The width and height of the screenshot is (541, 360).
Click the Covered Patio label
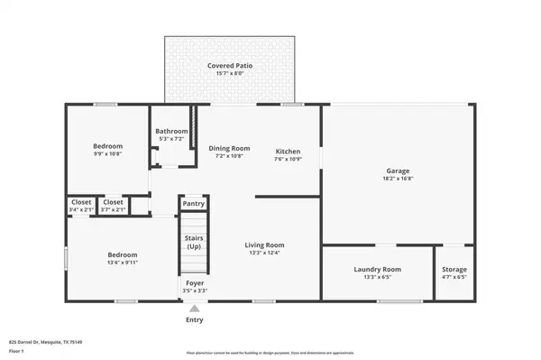229,66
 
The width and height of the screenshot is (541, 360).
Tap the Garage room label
399,171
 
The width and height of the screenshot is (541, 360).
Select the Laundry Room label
378,269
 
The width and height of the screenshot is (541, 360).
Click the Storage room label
454,269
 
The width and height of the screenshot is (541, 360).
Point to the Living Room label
265,245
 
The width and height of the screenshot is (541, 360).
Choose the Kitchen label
288,151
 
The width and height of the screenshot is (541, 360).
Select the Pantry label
194,204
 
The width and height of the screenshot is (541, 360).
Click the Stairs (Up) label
194,242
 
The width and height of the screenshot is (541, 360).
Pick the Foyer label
195,283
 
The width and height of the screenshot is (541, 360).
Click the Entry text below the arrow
195,319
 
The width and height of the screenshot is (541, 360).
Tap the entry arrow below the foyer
195,307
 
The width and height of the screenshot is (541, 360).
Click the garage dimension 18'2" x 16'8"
399,179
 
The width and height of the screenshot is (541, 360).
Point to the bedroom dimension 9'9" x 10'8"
108,154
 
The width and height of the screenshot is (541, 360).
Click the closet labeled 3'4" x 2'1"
80,209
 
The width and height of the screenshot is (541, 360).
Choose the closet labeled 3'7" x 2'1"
114,209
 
